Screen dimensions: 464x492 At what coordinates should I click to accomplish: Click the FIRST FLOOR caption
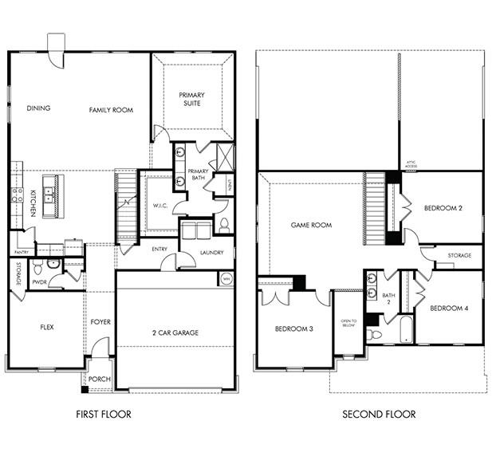[103, 415]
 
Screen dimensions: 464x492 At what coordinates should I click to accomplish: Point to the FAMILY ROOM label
[111, 109]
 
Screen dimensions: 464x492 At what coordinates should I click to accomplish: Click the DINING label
[38, 108]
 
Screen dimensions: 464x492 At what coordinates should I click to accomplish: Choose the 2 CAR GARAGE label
[175, 332]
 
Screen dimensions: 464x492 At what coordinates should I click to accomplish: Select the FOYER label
[100, 322]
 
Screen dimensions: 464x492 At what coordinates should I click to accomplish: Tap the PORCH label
[100, 379]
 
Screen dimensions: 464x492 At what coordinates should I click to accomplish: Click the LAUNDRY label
[211, 253]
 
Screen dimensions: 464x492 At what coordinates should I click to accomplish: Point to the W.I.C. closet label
[159, 206]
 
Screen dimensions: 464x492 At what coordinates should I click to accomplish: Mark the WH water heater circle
[226, 278]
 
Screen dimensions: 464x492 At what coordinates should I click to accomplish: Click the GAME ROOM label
[311, 225]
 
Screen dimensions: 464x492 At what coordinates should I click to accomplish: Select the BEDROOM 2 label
[443, 208]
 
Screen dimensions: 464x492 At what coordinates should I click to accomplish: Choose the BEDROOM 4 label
[449, 308]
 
